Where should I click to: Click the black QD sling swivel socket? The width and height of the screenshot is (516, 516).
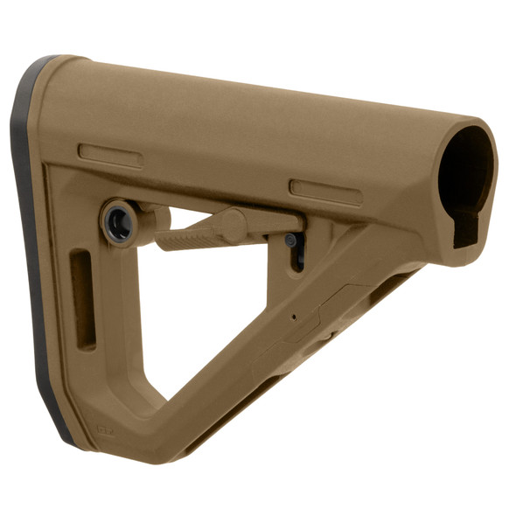click(119, 222)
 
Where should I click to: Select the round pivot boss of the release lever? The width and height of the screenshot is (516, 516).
click(233, 225)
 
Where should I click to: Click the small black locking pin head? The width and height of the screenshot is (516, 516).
click(290, 240)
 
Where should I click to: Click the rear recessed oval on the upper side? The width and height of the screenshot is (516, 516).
click(110, 156)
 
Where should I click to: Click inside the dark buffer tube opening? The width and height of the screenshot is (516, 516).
click(464, 171)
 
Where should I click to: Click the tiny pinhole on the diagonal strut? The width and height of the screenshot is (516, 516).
click(294, 317)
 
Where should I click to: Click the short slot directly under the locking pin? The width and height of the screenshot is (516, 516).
click(296, 258)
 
